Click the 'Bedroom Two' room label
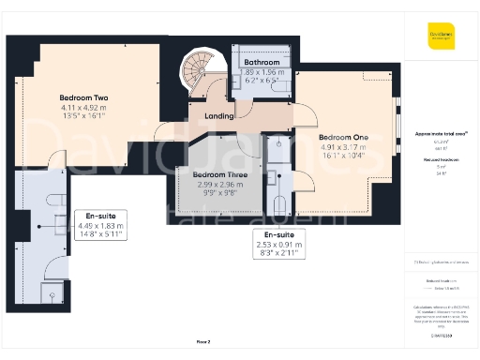click(83, 97)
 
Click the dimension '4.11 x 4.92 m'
click(83, 108)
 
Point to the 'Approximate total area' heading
click(440, 135)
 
